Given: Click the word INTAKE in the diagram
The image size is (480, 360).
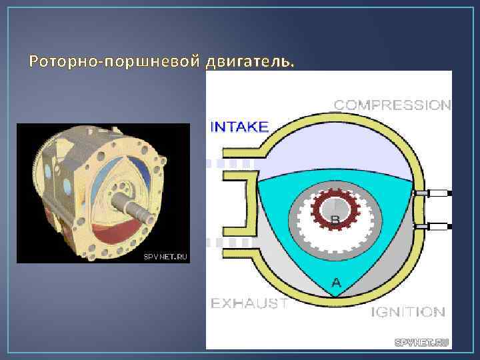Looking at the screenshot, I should [x=239, y=127].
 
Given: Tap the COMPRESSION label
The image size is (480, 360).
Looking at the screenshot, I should [x=392, y=105].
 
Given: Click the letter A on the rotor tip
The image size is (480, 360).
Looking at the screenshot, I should [x=336, y=283].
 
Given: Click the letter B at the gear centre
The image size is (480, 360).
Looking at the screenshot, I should [x=335, y=218].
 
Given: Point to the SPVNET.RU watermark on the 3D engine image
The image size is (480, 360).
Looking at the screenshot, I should [x=165, y=256].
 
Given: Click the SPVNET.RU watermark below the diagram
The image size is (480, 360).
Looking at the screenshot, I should [x=422, y=343].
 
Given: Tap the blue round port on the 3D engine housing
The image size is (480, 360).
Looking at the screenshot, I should [x=48, y=172].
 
